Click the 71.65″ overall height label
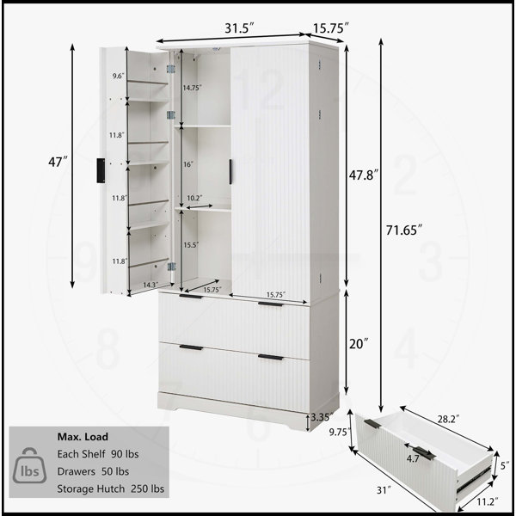pyautogui.click(x=403, y=230)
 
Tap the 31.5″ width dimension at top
pyautogui.click(x=240, y=28)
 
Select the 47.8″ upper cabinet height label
pyautogui.click(x=364, y=175)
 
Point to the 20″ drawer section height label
pyautogui.click(x=358, y=344)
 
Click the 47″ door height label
pyautogui.click(x=58, y=162)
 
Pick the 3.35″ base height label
pyautogui.click(x=322, y=417)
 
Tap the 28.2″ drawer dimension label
pyautogui.click(x=448, y=419)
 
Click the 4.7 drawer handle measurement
pyautogui.click(x=413, y=458)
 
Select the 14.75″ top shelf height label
pyautogui.click(x=192, y=88)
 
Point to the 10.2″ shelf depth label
pyautogui.click(x=194, y=198)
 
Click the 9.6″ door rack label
pyautogui.click(x=118, y=77)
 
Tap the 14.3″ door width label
pyautogui.click(x=150, y=285)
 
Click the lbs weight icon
pyautogui.click(x=29, y=465)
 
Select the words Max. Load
pyautogui.click(x=83, y=437)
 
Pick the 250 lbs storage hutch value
pyautogui.click(x=147, y=488)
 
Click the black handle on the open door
pyautogui.click(x=101, y=170)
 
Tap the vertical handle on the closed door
pyautogui.click(x=230, y=172)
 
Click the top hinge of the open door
pyautogui.click(x=170, y=69)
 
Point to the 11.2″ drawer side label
pyautogui.click(x=488, y=502)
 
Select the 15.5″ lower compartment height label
pyautogui.click(x=191, y=245)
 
